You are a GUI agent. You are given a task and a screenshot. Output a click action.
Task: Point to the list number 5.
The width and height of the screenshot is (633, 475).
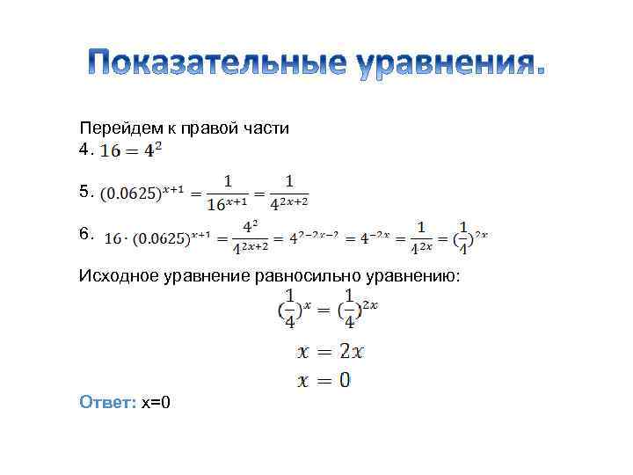click(84, 190)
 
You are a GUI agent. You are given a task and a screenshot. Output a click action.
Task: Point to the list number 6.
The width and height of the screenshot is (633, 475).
click(84, 233)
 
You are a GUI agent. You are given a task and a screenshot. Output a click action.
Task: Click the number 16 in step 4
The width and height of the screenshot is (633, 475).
click(112, 151)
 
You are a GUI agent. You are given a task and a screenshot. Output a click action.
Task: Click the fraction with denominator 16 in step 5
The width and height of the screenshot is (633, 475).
click(228, 192)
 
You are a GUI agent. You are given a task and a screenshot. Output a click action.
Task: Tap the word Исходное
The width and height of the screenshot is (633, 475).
click(119, 277)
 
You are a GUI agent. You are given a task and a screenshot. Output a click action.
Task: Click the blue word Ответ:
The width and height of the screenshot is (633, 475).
click(107, 402)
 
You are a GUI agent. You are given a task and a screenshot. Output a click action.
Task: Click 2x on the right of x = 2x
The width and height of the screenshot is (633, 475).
click(351, 352)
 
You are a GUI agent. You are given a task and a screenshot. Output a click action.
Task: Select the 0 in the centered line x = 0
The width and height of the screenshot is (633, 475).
click(345, 380)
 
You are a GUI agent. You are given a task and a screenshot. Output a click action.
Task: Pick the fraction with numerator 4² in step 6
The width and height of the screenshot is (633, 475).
click(250, 238)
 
